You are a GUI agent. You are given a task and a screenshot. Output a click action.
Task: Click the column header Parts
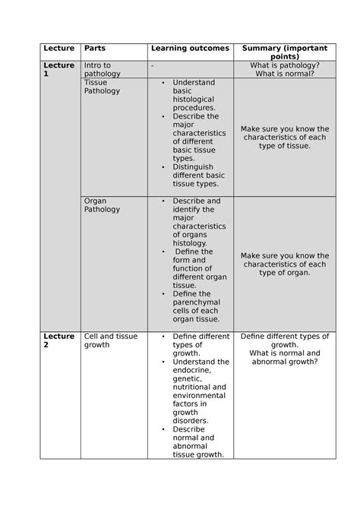(95, 48)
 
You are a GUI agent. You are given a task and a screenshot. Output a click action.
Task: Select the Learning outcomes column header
(189, 48)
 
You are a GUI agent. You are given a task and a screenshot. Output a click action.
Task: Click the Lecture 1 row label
(58, 70)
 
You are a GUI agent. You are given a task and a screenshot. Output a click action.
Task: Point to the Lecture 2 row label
(58, 340)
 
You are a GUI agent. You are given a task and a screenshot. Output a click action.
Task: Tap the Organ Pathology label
(102, 205)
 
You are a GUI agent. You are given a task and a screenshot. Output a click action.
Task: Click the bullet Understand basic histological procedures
(194, 95)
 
